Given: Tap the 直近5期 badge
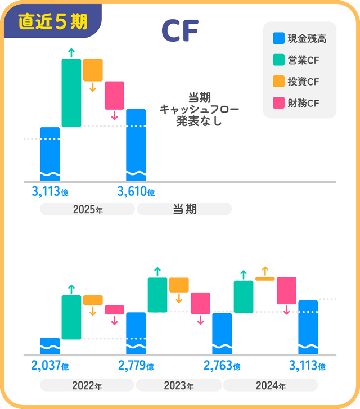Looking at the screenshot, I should (53, 21).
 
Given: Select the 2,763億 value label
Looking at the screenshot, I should (222, 366).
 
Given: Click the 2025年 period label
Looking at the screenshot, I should (88, 209).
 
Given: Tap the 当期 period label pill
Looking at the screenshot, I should (184, 209).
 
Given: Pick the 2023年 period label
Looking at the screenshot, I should (179, 386).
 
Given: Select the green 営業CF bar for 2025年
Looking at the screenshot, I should (71, 93).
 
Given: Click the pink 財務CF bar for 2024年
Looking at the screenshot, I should (286, 290).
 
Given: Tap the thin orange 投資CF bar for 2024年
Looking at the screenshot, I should (265, 278).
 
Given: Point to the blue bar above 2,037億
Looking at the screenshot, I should (50, 347).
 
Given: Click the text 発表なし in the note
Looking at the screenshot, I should (191, 120).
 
